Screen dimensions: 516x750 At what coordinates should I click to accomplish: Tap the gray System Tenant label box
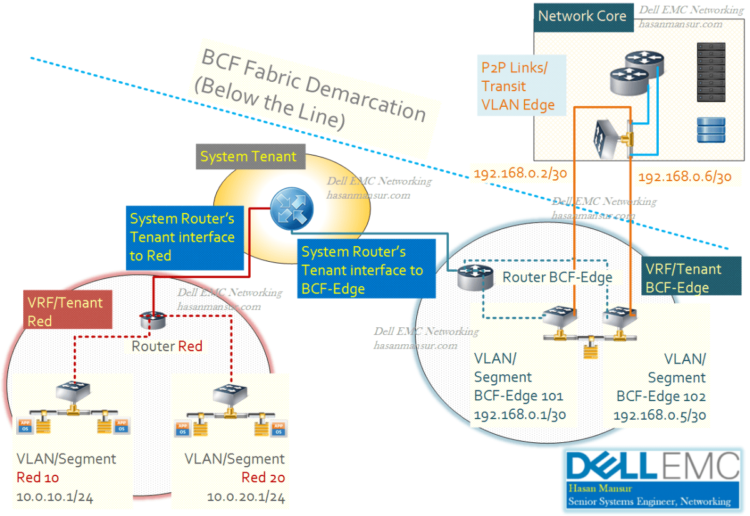coord(248,156)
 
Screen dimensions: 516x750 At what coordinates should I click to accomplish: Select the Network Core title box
coord(582,16)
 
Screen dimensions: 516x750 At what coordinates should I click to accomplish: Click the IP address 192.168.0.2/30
coord(520,174)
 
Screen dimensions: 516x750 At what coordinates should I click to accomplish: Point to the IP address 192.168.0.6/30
coord(684,177)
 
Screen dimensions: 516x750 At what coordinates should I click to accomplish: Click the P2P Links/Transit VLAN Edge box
coord(521,86)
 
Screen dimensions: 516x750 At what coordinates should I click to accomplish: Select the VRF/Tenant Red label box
coord(67,312)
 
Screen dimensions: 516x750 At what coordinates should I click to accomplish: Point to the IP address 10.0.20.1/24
coord(246,497)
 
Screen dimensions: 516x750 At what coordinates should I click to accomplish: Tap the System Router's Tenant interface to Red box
coord(182,237)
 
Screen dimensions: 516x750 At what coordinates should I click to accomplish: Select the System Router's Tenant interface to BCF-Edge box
coord(362,270)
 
